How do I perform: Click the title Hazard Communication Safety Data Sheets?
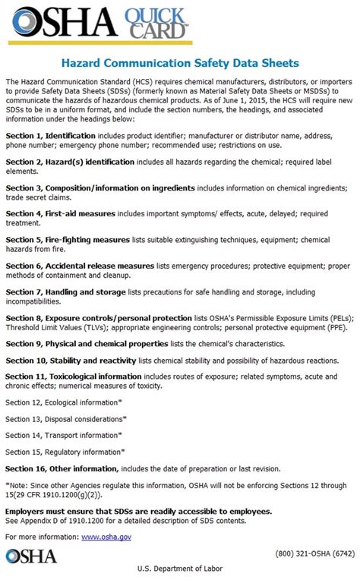tap(180, 62)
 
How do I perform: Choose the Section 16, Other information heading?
tap(62, 468)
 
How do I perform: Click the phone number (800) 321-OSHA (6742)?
tap(311, 553)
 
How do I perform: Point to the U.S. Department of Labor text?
tap(180, 569)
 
